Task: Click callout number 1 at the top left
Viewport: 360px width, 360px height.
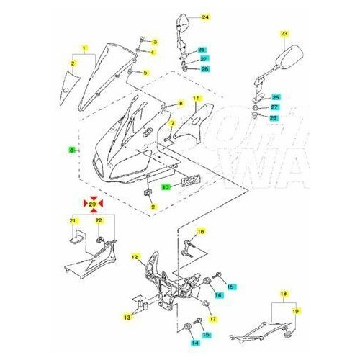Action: pos(85,48)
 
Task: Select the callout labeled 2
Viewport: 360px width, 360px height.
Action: pos(73,63)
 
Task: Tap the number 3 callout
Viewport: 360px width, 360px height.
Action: pos(153,42)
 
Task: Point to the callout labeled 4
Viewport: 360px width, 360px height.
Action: pos(153,53)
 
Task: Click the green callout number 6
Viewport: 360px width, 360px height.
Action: pos(71,150)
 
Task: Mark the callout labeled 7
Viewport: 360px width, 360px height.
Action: pos(171,123)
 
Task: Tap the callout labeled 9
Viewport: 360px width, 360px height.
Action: pos(153,207)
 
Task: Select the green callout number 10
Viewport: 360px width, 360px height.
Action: pos(165,186)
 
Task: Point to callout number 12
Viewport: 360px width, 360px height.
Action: pos(135,256)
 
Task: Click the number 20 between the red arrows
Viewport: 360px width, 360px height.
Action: pos(91,205)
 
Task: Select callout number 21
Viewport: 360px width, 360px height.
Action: pos(73,220)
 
